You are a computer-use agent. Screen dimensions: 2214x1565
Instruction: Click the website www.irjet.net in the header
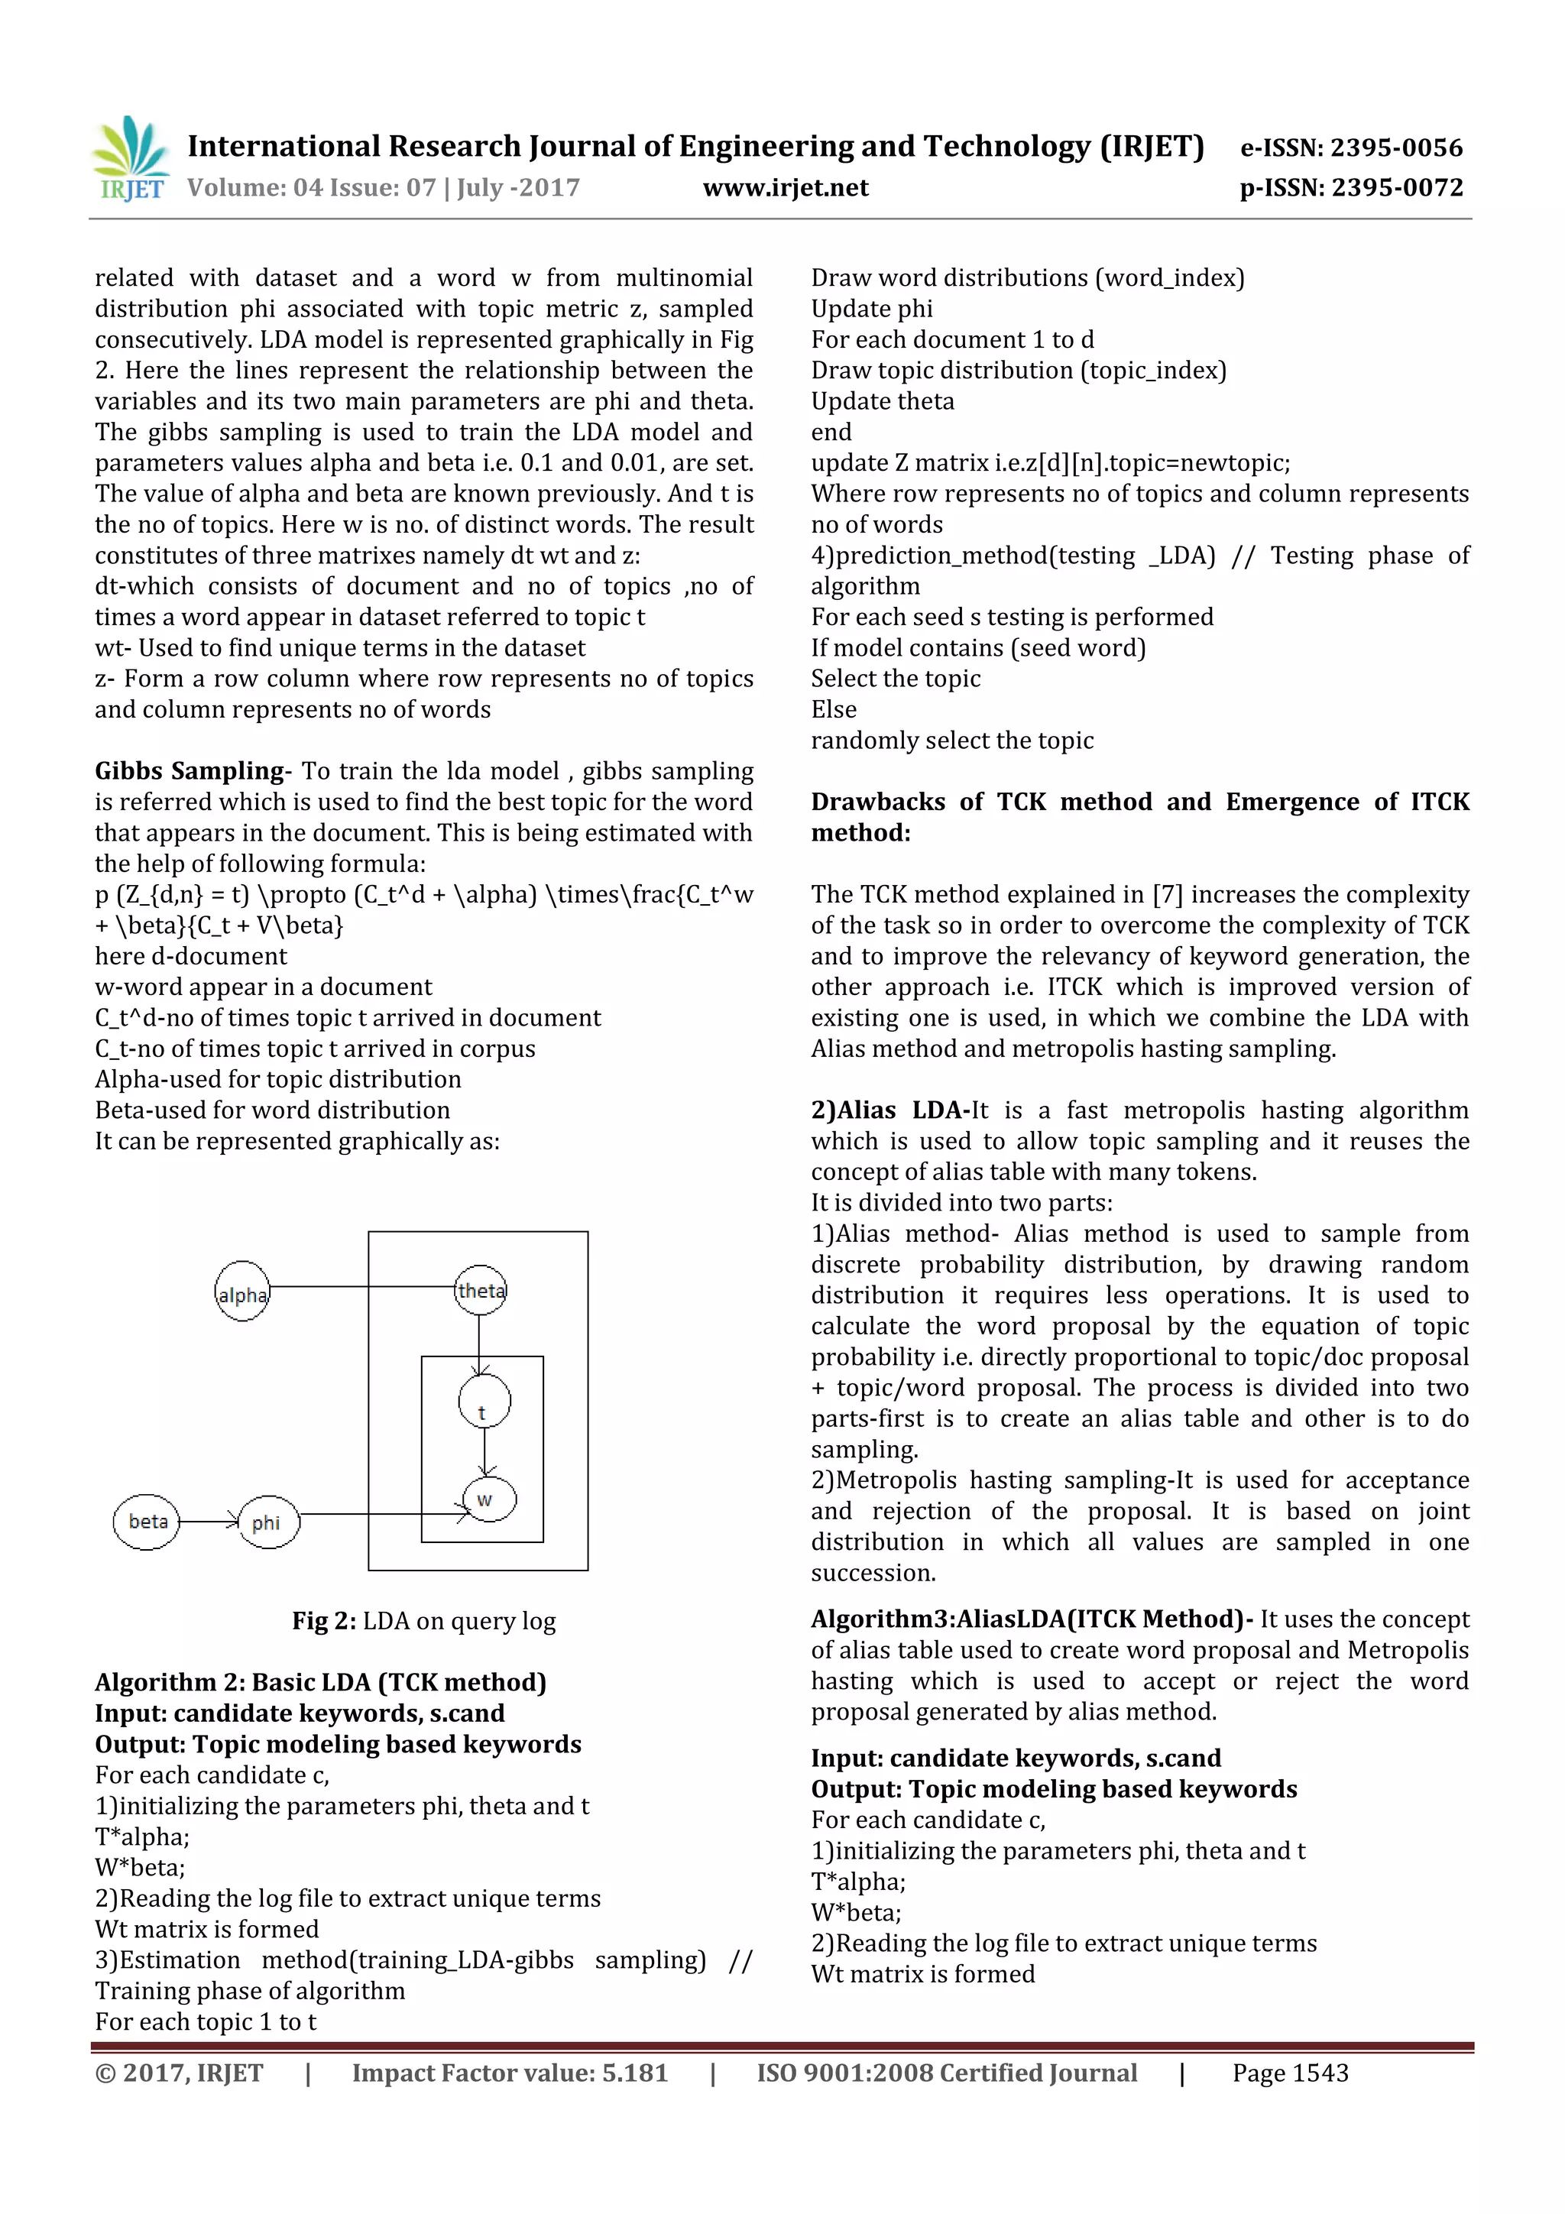pos(785,188)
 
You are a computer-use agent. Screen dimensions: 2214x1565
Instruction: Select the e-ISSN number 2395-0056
pos(1396,147)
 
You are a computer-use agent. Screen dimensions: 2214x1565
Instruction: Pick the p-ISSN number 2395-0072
pos(1396,188)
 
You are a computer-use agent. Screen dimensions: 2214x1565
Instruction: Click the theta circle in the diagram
pos(480,1290)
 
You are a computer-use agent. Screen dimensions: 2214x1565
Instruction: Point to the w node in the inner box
pos(489,1499)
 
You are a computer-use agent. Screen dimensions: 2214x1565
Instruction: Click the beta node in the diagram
pos(147,1522)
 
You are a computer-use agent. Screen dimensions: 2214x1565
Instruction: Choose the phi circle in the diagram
pos(268,1522)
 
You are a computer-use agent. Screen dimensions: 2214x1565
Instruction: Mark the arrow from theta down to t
pos(479,1345)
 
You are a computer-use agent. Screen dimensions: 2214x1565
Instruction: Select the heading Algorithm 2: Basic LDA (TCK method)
pos(320,1683)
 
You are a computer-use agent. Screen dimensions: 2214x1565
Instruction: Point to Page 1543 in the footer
pos(1289,2073)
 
